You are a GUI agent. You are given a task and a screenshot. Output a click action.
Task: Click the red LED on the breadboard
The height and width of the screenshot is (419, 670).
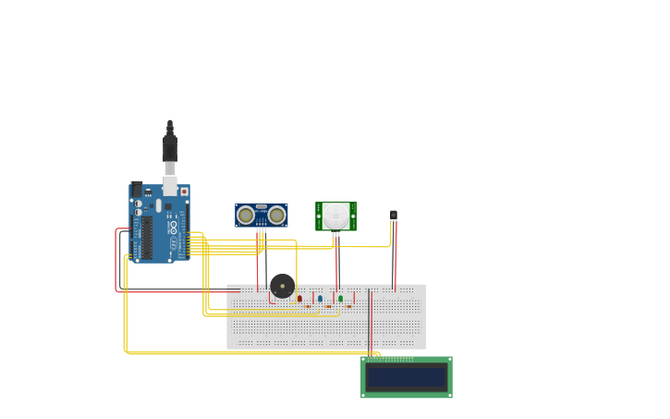pos(299,298)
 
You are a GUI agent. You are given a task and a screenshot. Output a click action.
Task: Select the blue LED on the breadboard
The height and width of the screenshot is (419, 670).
pos(320,298)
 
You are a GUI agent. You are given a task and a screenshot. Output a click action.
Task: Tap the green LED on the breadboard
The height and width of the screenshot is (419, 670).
pos(340,298)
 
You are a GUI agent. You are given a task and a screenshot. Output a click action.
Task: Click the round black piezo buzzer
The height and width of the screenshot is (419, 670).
pos(282,286)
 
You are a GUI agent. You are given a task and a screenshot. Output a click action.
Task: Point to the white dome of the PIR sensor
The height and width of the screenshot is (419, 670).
pos(335,216)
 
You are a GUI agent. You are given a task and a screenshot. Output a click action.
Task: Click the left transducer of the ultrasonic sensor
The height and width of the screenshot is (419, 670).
pos(246,216)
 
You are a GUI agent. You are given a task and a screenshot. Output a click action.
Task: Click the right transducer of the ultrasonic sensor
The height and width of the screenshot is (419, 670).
pos(276,216)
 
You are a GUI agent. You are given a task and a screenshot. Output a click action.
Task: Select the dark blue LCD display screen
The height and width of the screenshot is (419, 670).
pos(407,377)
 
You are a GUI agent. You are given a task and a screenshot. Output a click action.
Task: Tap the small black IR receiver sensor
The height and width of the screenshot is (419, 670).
pos(393,215)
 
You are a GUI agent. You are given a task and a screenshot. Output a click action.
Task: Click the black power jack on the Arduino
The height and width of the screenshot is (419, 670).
pos(137,190)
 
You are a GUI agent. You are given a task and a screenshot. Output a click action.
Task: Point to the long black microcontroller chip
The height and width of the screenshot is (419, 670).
pos(146,238)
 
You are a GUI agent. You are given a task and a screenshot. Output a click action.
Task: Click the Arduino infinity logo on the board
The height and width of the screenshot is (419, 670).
pos(173,227)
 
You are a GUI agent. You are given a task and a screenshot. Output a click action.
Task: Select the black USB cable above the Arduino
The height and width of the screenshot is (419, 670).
pos(170,143)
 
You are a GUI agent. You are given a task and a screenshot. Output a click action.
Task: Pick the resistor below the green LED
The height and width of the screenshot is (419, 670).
pos(348,306)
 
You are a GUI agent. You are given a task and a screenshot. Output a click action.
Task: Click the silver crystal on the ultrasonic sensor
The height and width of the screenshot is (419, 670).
pos(261,207)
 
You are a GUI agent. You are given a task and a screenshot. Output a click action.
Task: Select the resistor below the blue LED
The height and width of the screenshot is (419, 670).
pos(328,306)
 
